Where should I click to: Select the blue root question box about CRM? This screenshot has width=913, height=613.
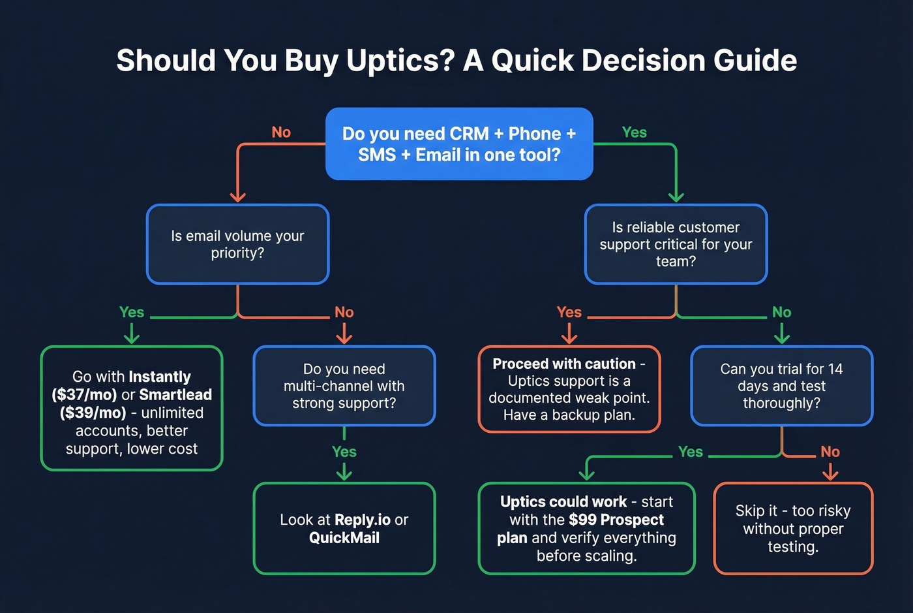click(x=459, y=144)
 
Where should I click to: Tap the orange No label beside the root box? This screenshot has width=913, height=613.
click(x=281, y=133)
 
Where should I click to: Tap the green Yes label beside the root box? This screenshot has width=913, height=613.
click(x=634, y=133)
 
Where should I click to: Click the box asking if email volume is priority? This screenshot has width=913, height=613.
click(x=237, y=244)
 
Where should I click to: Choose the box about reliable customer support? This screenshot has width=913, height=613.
click(x=676, y=244)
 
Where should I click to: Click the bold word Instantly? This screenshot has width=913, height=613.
click(x=160, y=377)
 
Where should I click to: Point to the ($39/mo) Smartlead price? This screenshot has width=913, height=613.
click(x=93, y=413)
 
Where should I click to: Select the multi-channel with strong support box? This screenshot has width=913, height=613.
click(x=344, y=386)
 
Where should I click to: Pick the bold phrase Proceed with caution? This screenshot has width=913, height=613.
click(x=564, y=364)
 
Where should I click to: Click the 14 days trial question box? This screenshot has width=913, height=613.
click(x=781, y=386)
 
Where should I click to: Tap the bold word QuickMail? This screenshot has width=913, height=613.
click(x=344, y=538)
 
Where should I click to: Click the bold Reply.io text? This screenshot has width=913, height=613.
click(x=363, y=520)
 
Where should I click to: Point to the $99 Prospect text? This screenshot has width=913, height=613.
click(x=616, y=520)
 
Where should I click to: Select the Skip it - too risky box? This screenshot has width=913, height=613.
click(x=793, y=528)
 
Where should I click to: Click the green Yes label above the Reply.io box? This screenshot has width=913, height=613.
click(x=344, y=452)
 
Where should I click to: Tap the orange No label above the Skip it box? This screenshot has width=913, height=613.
click(x=830, y=452)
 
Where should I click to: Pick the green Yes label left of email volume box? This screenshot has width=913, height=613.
click(x=132, y=312)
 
